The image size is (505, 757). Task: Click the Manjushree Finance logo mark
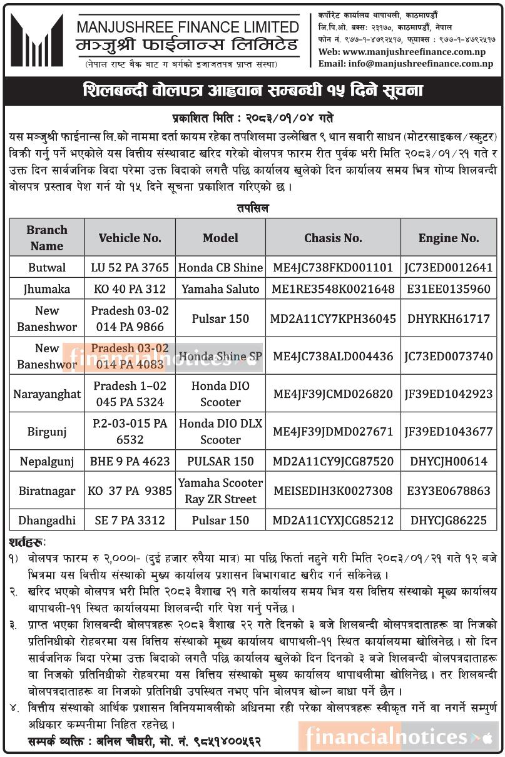pyautogui.click(x=37, y=41)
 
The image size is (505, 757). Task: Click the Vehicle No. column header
pyautogui.click(x=130, y=238)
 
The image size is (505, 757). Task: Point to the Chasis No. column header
pyautogui.click(x=333, y=238)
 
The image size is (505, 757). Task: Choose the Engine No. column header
pyautogui.click(x=449, y=238)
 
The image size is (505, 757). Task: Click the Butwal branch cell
pyautogui.click(x=47, y=267)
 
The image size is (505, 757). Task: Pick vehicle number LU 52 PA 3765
pyautogui.click(x=130, y=267)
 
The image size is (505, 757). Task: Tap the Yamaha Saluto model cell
pyautogui.click(x=220, y=289)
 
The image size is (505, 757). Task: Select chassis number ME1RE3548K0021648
pyautogui.click(x=333, y=289)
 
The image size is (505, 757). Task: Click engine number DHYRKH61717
pyautogui.click(x=449, y=318)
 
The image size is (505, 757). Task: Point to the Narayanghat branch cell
pyautogui.click(x=47, y=394)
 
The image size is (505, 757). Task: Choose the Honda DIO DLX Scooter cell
pyautogui.click(x=220, y=432)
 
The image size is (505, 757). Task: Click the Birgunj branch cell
pyautogui.click(x=47, y=432)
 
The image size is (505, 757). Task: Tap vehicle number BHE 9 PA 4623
pyautogui.click(x=130, y=462)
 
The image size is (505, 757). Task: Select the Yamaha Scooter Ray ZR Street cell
pyautogui.click(x=220, y=491)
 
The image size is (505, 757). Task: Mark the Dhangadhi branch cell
pyautogui.click(x=47, y=521)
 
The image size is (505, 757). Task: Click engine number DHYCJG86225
pyautogui.click(x=449, y=521)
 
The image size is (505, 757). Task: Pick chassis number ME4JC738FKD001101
pyautogui.click(x=333, y=267)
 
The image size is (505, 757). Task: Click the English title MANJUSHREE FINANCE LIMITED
pyautogui.click(x=188, y=27)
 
